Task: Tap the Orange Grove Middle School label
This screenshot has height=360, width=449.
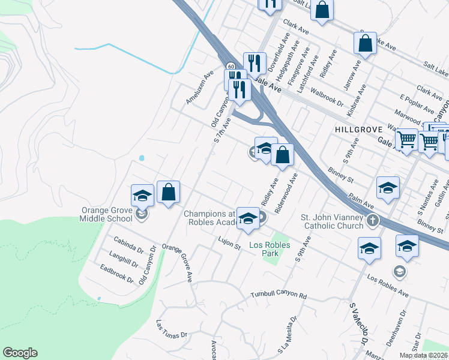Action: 108,214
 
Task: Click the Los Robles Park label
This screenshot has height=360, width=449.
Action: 270,249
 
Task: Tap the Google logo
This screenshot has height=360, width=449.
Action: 20,353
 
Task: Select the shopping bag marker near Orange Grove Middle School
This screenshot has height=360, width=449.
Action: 169,193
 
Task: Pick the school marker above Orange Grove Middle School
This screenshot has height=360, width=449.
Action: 143,196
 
